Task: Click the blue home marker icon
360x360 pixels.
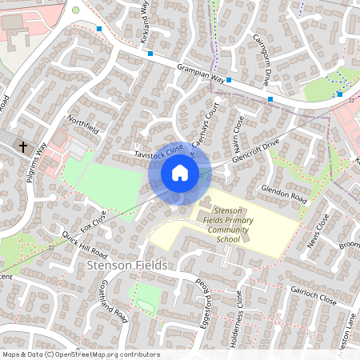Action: pyautogui.click(x=180, y=172)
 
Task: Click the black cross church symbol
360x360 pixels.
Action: pyautogui.click(x=23, y=147)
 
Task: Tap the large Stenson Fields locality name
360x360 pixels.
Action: pyautogui.click(x=120, y=265)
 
